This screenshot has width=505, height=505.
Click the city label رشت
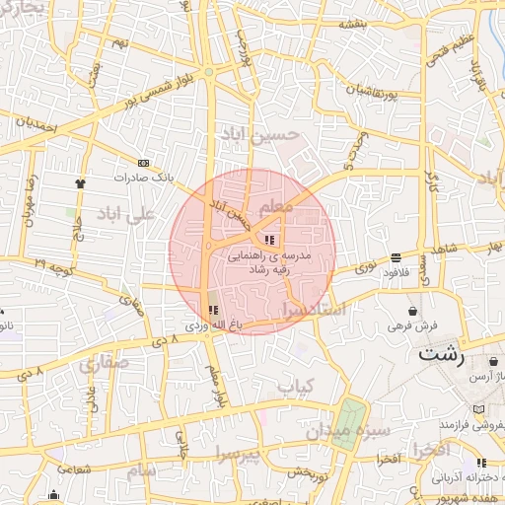[x=441, y=355]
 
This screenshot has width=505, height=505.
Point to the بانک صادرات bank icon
[x=145, y=163]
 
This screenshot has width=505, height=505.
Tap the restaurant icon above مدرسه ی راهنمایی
[x=269, y=240]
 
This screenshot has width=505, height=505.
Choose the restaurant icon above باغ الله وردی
[x=214, y=310]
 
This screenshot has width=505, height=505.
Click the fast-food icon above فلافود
[x=396, y=257]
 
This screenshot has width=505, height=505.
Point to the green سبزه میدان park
[x=347, y=425]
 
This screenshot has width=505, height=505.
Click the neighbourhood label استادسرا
[x=313, y=310]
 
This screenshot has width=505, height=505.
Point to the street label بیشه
[x=353, y=23]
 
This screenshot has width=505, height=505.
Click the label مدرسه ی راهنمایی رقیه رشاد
[x=269, y=260]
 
